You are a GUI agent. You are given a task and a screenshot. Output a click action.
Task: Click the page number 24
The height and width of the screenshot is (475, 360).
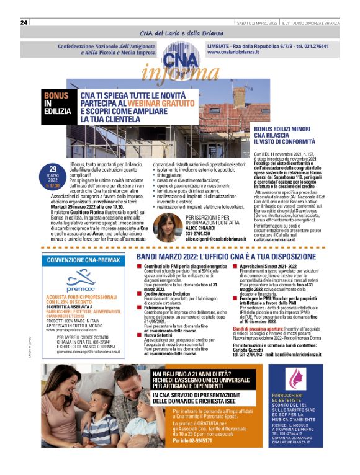[x=24, y=23]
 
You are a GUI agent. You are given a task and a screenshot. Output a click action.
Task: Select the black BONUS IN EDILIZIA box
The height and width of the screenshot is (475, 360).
[x=56, y=104]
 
